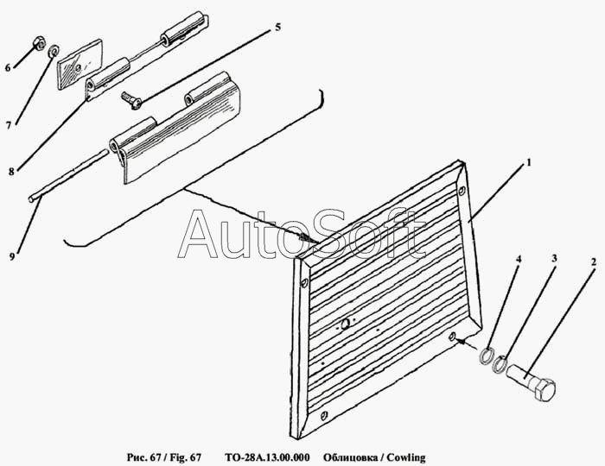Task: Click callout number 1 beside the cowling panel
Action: point(529,163)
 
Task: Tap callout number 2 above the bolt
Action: point(594,262)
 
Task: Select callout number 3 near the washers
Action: point(555,258)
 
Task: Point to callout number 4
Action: point(519,259)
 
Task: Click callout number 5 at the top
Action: point(277,28)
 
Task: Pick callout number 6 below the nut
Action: point(8,68)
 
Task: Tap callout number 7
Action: point(8,125)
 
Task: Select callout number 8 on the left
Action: point(10,172)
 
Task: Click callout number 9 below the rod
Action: point(12,256)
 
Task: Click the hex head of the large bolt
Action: point(544,389)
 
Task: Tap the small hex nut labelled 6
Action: point(39,43)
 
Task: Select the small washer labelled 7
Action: point(53,50)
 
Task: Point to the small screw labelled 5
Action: point(131,99)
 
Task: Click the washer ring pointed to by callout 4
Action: point(486,355)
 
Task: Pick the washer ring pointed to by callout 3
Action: point(500,363)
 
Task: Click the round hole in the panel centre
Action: point(346,324)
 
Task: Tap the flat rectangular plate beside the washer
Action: point(80,65)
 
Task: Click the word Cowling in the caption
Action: point(406,457)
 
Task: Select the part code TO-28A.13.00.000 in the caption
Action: point(267,457)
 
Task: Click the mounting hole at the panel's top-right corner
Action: point(462,191)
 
